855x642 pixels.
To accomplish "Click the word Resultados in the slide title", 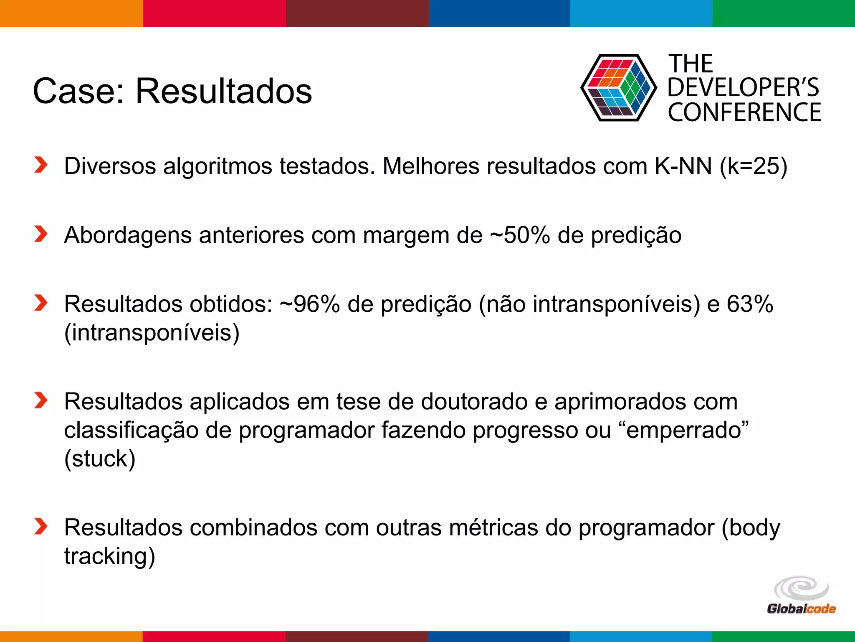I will point(223,91).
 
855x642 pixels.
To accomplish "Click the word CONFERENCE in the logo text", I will point(744,112).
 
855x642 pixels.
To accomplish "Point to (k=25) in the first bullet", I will point(754,166).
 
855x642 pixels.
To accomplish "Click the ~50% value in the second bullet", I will point(520,235).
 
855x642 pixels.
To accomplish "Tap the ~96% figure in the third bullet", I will point(310,304).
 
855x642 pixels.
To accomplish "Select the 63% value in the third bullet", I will point(750,304).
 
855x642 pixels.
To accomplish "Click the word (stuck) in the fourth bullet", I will point(100,459).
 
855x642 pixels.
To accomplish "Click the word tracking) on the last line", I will point(109,556).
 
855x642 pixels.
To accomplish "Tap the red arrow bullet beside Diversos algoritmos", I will point(41,165).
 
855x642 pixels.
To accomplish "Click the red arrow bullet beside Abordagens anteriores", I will point(41,234).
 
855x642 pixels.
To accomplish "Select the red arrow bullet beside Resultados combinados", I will point(41,526).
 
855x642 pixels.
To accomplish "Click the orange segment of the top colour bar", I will point(71,13).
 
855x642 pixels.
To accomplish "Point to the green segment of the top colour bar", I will point(784,13).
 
